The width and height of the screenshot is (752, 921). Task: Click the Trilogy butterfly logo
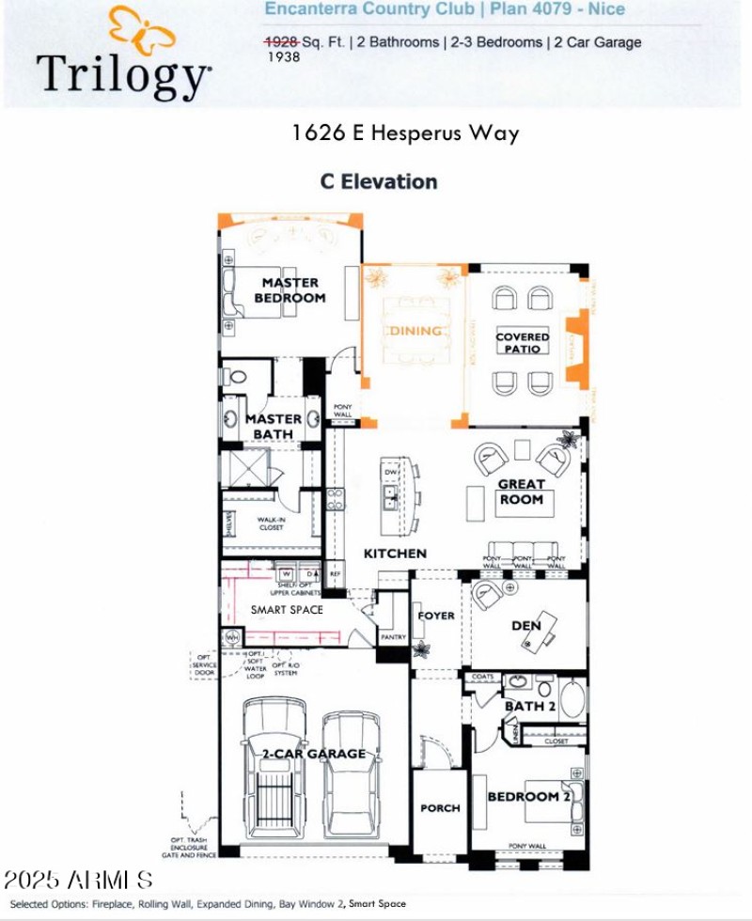(141, 31)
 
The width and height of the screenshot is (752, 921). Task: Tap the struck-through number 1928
(281, 42)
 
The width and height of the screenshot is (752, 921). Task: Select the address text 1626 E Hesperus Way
(404, 133)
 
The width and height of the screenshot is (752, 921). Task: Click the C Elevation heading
(379, 181)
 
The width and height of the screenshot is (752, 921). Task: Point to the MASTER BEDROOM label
(290, 289)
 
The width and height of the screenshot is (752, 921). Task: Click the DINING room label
(415, 331)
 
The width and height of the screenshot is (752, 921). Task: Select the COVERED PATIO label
(523, 342)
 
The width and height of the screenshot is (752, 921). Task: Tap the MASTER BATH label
(274, 426)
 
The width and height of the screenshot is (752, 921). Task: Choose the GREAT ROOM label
(522, 492)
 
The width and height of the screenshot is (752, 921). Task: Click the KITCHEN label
(395, 554)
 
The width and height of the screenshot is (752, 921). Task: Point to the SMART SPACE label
(287, 610)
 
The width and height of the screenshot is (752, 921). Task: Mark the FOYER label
(436, 616)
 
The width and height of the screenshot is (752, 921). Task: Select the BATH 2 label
(530, 706)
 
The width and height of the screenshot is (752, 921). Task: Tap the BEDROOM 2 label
(529, 796)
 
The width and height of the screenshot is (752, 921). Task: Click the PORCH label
(440, 807)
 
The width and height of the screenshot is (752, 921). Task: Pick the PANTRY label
(392, 636)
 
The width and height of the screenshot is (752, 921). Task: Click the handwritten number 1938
(284, 57)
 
